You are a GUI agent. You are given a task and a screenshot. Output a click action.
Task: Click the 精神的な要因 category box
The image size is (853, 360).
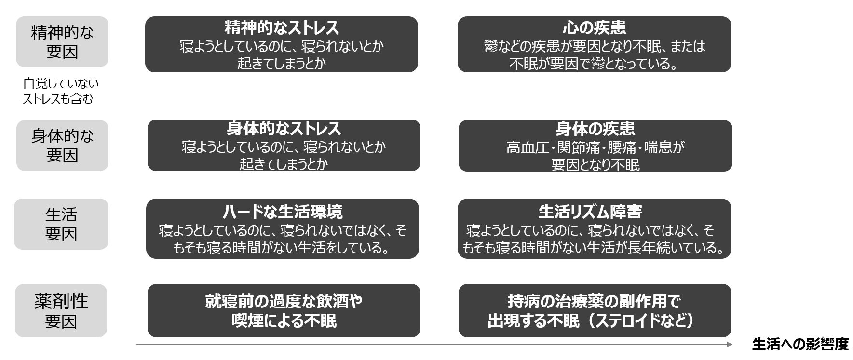62,42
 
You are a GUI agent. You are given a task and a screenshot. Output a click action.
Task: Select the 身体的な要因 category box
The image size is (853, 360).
62,146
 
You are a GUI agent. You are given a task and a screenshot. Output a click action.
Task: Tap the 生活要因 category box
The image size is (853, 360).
61,224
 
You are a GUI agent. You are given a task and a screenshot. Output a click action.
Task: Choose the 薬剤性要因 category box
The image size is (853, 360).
61,311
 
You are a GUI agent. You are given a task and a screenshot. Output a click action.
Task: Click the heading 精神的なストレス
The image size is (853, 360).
282,28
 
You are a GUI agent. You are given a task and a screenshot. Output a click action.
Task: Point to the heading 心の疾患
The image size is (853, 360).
594,28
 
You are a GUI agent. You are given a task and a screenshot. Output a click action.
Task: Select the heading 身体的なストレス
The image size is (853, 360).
284,129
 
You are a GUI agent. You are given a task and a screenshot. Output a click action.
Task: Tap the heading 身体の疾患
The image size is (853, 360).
595,129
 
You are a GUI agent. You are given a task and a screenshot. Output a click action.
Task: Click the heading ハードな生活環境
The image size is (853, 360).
282,212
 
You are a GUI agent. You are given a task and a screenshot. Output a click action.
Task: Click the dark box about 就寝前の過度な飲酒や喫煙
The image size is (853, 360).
284,311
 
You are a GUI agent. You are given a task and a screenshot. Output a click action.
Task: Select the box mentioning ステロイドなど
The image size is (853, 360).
595,311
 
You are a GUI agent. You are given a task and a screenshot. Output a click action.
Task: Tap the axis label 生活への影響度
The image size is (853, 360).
800,345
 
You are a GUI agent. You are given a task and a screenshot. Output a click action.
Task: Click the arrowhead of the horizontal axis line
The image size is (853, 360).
730,345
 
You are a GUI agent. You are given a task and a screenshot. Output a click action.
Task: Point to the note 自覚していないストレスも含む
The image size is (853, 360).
60,91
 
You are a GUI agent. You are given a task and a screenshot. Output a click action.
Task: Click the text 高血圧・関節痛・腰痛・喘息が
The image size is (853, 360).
595,147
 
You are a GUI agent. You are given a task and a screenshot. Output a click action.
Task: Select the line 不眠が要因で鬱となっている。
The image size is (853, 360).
594,64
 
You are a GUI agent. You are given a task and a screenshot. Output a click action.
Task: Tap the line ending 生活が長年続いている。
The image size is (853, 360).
594,248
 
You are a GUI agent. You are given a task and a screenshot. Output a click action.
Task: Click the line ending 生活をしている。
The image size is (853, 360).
282,248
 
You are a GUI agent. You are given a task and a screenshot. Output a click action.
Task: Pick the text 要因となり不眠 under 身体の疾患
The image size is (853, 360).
595,165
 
